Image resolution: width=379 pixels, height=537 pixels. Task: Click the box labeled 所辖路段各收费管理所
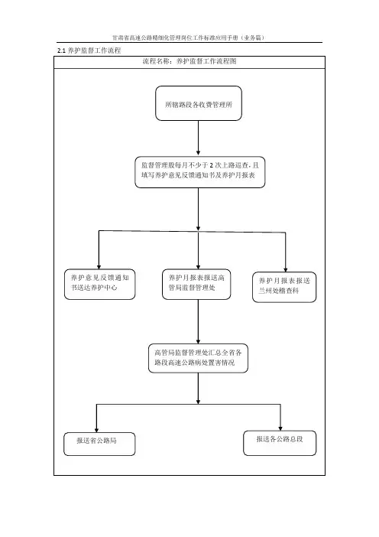pos(199,103)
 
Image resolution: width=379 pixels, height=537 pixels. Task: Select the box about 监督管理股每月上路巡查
pos(199,172)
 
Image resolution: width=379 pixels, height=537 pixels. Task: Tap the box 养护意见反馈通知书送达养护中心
pos(99,285)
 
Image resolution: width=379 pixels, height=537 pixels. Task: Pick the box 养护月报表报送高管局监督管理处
pos(196,285)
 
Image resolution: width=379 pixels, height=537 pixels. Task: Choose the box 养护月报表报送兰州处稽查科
pos(284,287)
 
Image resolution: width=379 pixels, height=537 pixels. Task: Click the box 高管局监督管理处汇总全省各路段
pos(198,358)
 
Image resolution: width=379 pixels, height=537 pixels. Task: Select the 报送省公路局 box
pos(99,444)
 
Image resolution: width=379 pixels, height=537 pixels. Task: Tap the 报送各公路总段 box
pos(280,443)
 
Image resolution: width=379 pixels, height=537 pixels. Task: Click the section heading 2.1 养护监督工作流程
pos(89,50)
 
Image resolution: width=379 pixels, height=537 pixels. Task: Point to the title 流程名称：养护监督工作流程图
pos(189,61)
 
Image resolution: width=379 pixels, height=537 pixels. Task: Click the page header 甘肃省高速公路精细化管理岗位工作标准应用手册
pos(189,37)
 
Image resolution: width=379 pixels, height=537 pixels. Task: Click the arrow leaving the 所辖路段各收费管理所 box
pos(198,138)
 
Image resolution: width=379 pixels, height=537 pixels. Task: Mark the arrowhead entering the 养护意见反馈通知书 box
pos(99,267)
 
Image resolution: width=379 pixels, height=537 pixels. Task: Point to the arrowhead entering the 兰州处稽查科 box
pos(286,270)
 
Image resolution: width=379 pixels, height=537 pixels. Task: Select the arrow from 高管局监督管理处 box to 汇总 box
pos(198,321)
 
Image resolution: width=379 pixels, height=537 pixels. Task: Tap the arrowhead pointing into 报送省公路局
pos(96,430)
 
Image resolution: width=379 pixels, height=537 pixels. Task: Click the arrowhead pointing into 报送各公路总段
pos(280,428)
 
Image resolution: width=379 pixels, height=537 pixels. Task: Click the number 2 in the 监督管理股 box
pos(212,165)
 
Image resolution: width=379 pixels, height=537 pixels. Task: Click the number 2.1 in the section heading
pos(61,50)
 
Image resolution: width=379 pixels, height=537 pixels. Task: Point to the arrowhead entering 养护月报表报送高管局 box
pos(198,267)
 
